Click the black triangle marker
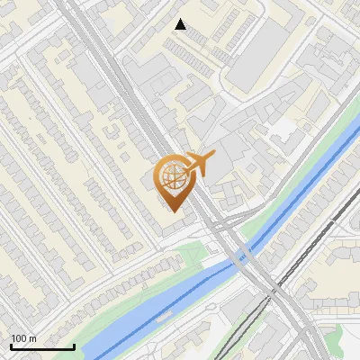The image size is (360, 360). [x=181, y=24]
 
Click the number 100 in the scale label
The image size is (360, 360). [x=19, y=338]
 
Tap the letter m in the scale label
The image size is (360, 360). [x=33, y=338]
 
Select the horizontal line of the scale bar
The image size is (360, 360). [x=41, y=347]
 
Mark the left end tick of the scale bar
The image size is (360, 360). [x=10, y=346]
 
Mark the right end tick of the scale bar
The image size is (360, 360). [x=74, y=346]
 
